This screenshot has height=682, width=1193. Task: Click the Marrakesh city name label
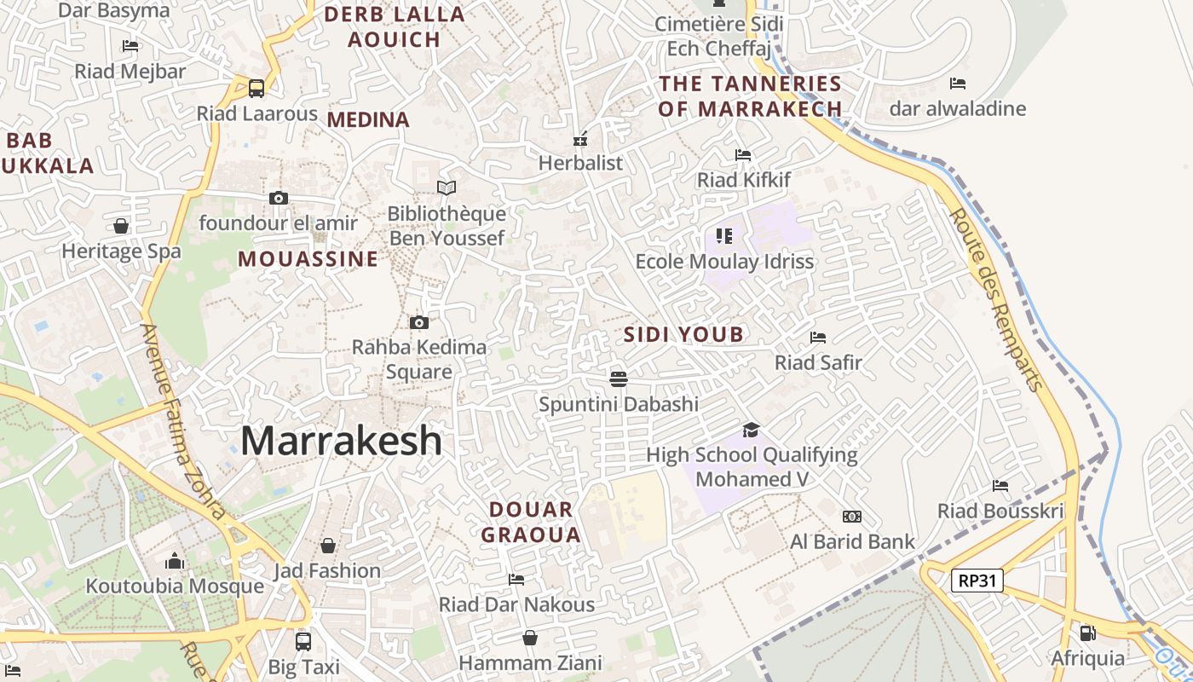point(341,441)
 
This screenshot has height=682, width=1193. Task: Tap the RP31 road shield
point(977,581)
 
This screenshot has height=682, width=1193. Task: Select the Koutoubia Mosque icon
point(175,561)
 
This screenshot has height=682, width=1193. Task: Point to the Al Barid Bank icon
point(851,517)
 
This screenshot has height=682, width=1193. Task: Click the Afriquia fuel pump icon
point(1087,633)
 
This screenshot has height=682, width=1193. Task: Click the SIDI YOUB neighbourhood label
point(684,334)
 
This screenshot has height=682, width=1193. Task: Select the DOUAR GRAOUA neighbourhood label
point(531,523)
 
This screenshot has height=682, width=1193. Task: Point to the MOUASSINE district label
point(308,259)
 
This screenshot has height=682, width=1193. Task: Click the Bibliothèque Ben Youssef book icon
point(447,188)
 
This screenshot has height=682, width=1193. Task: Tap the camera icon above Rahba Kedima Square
point(418,322)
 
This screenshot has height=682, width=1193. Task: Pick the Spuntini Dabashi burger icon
point(619,378)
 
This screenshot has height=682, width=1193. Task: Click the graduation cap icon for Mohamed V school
point(751,429)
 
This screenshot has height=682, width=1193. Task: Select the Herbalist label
point(581,163)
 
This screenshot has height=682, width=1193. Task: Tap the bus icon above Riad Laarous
point(256,88)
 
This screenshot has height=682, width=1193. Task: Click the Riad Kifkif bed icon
point(743,155)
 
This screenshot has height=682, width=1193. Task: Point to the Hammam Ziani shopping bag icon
point(530,638)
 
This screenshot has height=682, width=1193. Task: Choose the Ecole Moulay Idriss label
point(725,261)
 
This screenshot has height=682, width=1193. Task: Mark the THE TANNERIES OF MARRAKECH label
point(751,96)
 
